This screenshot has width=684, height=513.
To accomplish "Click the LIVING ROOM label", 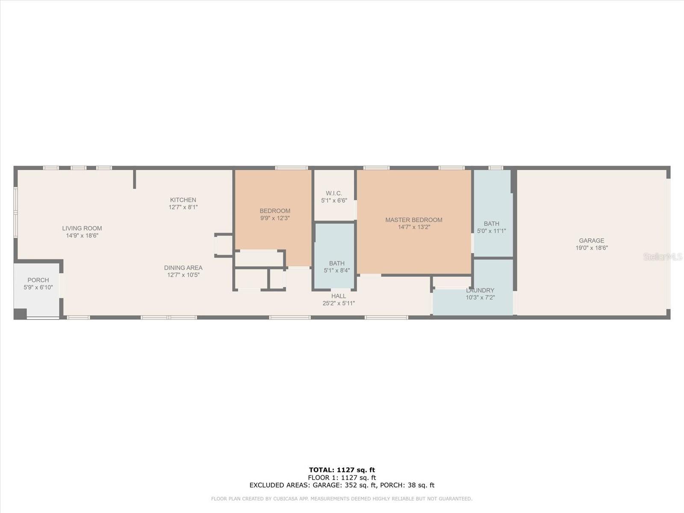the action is tap(82, 228).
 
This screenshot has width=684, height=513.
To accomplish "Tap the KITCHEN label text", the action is tap(183, 200).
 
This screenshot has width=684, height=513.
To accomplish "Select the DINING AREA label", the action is tap(183, 268).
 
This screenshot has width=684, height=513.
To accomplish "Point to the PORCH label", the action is tap(38, 280).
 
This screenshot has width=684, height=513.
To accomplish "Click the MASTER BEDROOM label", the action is tap(414, 220).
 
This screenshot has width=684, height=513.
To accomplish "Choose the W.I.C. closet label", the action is tap(334, 193).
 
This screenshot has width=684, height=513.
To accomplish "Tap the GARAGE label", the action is tap(592, 240).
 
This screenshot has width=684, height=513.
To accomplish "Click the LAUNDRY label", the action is tap(480, 290).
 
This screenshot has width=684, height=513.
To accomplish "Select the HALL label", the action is tap(339, 296).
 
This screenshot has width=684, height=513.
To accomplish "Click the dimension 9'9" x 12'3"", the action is tap(275, 218).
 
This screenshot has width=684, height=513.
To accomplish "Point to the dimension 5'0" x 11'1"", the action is tap(492, 231).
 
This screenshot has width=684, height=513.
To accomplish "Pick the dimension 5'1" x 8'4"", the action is tap(337, 270).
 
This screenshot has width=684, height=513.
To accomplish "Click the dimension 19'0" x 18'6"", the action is tap(592, 248).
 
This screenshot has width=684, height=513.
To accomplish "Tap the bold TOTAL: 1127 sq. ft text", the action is tap(342, 470).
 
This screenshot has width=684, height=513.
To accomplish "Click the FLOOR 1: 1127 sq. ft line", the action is tap(342, 478).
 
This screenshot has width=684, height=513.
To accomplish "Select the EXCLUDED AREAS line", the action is tap(342, 485).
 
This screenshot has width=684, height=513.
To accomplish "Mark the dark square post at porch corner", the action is tap(20, 314).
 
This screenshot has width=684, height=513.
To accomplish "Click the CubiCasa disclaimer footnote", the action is tap(342, 498).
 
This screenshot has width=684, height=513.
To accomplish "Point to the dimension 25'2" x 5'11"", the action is tap(339, 304).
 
